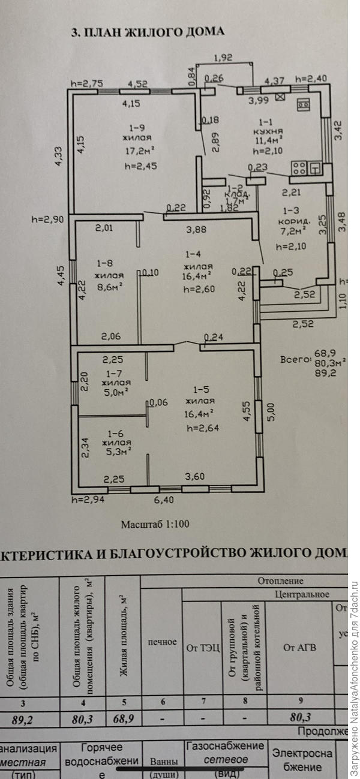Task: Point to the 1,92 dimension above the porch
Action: coord(223,58)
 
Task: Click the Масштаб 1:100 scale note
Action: coord(155,524)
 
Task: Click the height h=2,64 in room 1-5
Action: coord(200,428)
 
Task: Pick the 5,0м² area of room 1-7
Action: coord(113,393)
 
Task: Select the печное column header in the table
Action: coord(163,642)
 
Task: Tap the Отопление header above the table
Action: coord(281,581)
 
